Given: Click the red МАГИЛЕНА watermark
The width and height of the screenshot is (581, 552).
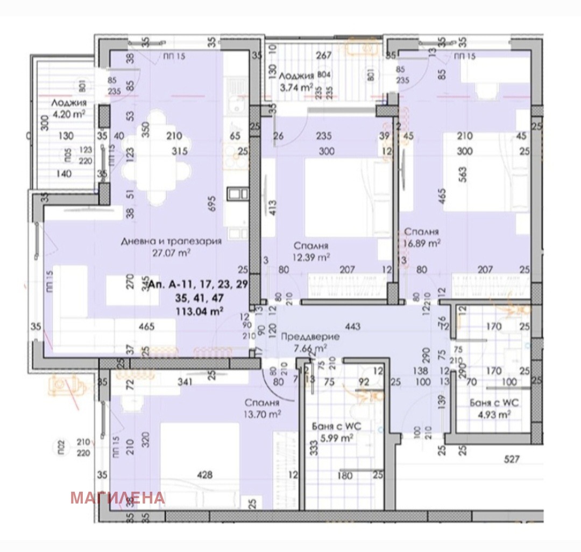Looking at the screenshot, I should point(117,498).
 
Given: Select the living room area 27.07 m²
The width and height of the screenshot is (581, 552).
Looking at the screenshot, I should point(171,251).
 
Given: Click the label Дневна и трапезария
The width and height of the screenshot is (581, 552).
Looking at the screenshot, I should point(171,241).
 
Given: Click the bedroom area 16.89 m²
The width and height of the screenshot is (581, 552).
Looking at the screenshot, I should point(423,242).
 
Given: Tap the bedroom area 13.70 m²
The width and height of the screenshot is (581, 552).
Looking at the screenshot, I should point(261,414).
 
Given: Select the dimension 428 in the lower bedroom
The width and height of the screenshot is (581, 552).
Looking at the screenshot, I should point(205,475).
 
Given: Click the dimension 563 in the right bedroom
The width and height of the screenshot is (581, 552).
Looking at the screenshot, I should point(463,173).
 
